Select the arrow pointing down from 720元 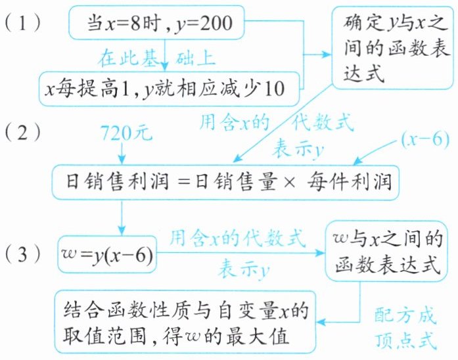[123, 155]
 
